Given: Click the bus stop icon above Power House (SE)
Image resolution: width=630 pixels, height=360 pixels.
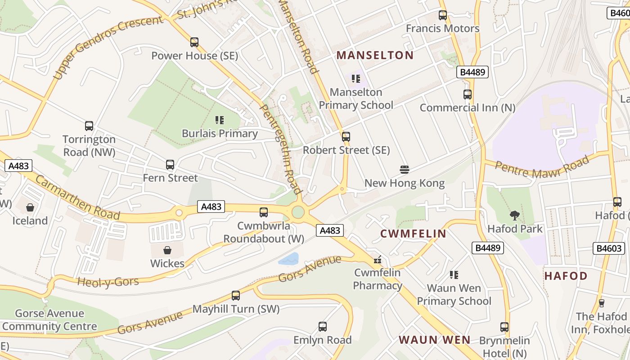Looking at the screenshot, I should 194,42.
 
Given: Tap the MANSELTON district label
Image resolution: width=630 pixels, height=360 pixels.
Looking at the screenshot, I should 375,55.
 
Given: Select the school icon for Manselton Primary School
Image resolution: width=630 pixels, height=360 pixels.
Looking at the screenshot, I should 356,79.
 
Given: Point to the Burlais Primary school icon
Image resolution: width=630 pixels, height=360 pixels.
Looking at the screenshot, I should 220,120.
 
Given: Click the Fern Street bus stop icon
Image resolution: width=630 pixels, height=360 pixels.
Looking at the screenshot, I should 170,165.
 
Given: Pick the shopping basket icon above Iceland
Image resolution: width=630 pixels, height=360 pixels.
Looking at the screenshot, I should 30,207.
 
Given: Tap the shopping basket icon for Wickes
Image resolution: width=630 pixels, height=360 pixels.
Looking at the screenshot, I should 167,250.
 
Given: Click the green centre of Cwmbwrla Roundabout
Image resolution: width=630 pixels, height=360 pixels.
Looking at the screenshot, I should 298,212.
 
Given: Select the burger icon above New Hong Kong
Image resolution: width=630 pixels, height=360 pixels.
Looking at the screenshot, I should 404,170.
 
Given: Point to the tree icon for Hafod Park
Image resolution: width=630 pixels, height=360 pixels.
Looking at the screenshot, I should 515,216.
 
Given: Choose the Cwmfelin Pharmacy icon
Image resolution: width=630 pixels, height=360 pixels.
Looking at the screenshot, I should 378,260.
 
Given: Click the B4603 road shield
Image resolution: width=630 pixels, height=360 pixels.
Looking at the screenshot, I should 610,248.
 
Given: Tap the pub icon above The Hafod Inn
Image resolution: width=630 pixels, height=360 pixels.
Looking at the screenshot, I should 601,303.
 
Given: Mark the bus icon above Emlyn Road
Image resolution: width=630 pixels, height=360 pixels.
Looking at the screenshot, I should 322,327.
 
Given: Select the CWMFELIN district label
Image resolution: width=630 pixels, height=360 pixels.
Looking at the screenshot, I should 413,234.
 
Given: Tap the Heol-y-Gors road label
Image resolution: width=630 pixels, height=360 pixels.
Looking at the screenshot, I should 108,282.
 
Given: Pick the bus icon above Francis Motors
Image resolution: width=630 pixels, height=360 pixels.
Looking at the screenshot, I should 443,15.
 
